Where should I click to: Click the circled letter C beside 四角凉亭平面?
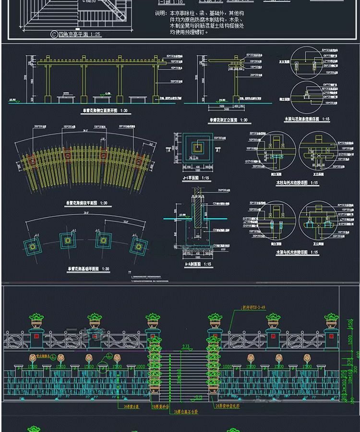(x=54, y=34)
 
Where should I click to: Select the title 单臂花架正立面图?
(x=228, y=120)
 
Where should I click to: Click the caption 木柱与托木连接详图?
(x=297, y=183)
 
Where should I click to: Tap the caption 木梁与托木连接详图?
(x=297, y=252)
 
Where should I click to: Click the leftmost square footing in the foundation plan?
(x=33, y=246)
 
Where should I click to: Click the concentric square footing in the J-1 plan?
(x=197, y=149)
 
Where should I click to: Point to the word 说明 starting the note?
(x=160, y=14)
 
